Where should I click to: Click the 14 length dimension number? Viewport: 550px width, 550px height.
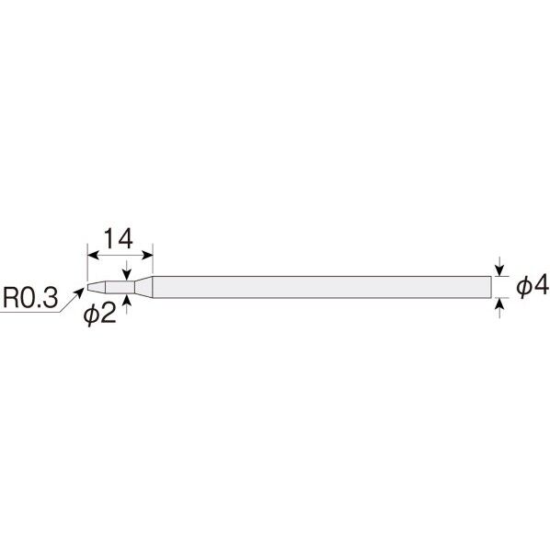click(119, 238)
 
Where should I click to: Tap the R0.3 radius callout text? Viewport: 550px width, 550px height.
click(30, 298)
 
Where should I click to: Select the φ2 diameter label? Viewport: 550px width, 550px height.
click(99, 314)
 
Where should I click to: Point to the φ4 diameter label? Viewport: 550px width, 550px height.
click(533, 286)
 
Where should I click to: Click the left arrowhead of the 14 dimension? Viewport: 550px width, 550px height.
click(93, 255)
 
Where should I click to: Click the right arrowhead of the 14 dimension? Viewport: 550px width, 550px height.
click(147, 255)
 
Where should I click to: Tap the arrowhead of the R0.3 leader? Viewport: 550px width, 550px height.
click(80, 292)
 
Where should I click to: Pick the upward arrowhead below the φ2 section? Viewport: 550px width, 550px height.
click(127, 300)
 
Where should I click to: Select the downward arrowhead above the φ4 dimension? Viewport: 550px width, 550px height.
click(499, 270)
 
